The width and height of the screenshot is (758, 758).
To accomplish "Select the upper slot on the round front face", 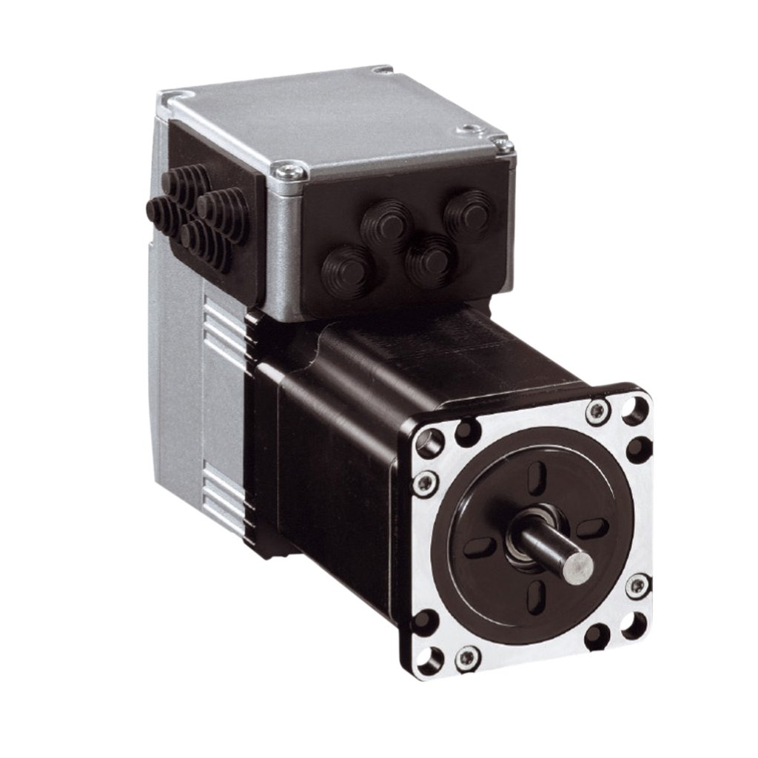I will (x=540, y=474).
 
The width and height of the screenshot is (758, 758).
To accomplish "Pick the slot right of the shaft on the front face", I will (x=591, y=528).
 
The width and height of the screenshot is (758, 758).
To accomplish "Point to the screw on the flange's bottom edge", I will (x=468, y=657).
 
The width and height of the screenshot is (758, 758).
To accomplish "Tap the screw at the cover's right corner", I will (x=505, y=146).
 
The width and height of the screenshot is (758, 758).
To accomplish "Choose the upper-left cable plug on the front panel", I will (x=386, y=221).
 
